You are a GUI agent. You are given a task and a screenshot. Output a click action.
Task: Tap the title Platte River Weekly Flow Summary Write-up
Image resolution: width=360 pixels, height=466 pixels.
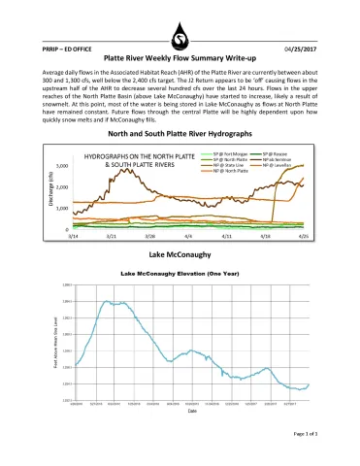tap(180, 58)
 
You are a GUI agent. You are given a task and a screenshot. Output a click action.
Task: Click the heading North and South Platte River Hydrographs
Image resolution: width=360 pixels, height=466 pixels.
tap(180, 132)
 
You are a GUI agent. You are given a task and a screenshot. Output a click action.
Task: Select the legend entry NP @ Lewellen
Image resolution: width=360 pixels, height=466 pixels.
tap(275, 165)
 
